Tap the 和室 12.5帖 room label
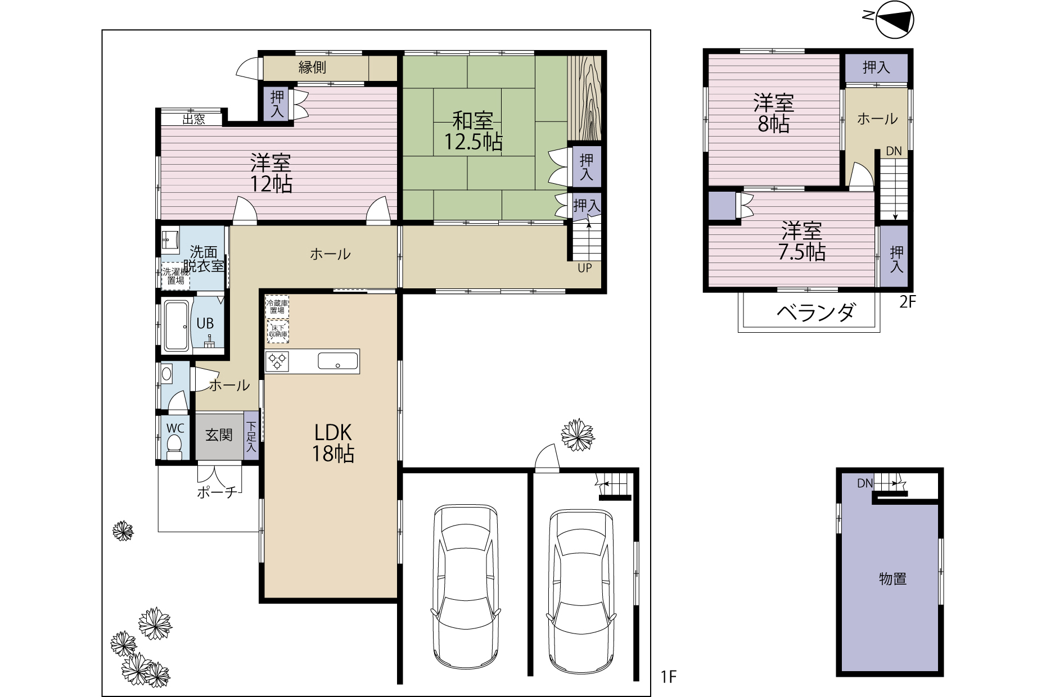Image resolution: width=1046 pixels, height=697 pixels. pyautogui.click(x=474, y=131)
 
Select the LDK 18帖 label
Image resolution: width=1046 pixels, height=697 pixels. pyautogui.click(x=333, y=442)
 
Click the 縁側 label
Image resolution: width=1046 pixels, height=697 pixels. pyautogui.click(x=312, y=67)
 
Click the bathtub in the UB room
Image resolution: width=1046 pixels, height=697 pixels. pyautogui.click(x=178, y=325)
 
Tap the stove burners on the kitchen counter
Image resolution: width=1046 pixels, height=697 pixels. pyautogui.click(x=277, y=361)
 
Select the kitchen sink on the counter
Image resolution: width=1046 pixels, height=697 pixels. pyautogui.click(x=338, y=361)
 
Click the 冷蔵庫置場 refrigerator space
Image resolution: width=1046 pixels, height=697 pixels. pyautogui.click(x=277, y=306)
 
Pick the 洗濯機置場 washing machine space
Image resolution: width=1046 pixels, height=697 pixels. pyautogui.click(x=175, y=276)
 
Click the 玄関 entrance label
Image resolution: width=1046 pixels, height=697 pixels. pyautogui.click(x=219, y=435)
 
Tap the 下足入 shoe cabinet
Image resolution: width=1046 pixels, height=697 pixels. pyautogui.click(x=251, y=437)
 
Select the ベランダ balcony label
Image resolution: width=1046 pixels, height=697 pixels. pyautogui.click(x=817, y=312)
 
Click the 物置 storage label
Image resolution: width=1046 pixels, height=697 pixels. pyautogui.click(x=892, y=578)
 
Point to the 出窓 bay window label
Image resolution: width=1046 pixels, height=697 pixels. pyautogui.click(x=194, y=119)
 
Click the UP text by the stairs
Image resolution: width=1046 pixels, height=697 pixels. pyautogui.click(x=585, y=268)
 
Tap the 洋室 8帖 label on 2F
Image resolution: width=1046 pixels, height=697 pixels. pyautogui.click(x=774, y=114)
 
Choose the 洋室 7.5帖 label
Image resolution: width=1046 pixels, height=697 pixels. pyautogui.click(x=802, y=241)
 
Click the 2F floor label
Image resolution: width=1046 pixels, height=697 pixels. pyautogui.click(x=908, y=302)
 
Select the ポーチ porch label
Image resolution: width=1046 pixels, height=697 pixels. pyautogui.click(x=217, y=492)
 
